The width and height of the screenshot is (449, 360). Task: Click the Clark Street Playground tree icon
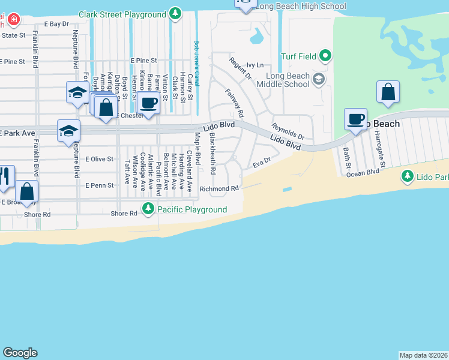(x=175, y=12)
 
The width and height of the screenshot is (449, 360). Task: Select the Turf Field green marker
(x=325, y=56)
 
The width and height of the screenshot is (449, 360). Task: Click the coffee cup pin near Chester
(x=148, y=102)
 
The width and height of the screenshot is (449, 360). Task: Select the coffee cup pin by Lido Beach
(x=355, y=118)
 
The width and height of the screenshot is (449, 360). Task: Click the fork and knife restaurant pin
(x=5, y=175)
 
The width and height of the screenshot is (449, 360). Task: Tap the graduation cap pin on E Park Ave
(x=68, y=131)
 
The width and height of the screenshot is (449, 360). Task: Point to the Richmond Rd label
(x=219, y=188)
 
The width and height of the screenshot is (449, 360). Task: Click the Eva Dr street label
(x=262, y=161)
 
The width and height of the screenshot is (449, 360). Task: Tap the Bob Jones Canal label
(x=196, y=58)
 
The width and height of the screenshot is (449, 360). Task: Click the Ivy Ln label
(x=255, y=65)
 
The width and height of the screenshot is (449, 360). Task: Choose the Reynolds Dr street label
(x=288, y=131)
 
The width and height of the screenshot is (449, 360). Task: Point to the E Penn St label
(x=99, y=185)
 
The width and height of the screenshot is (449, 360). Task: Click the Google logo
(x=20, y=353)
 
